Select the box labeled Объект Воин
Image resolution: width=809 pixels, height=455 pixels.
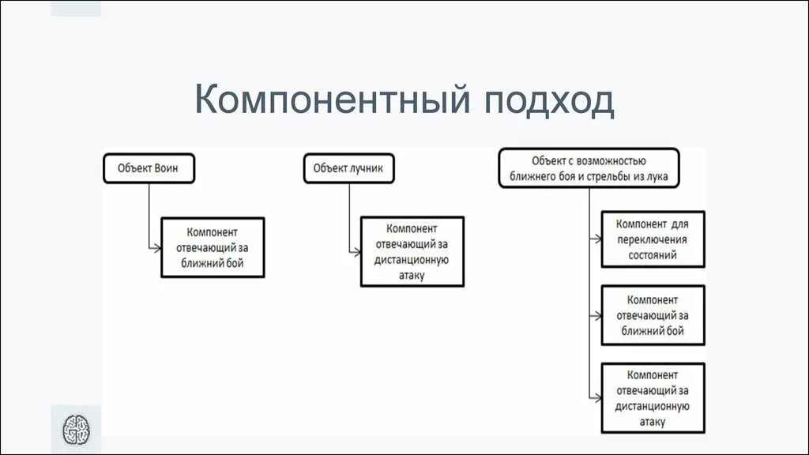(148, 168)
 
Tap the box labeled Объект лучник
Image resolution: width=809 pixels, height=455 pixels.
(348, 168)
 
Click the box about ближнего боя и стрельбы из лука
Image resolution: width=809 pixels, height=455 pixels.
(589, 168)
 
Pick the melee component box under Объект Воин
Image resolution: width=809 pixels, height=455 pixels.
(213, 247)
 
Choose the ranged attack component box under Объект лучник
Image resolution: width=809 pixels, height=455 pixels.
(412, 251)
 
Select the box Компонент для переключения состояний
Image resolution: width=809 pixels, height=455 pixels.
(653, 239)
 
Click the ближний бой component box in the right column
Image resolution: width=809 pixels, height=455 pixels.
(653, 316)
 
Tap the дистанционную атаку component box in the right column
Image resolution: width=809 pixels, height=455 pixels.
(653, 398)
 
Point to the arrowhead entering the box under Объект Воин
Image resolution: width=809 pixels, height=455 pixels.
(157, 248)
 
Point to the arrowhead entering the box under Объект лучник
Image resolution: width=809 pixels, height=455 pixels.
(356, 251)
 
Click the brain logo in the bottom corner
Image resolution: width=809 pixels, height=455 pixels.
(77, 431)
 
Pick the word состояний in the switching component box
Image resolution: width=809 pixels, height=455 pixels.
(653, 255)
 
